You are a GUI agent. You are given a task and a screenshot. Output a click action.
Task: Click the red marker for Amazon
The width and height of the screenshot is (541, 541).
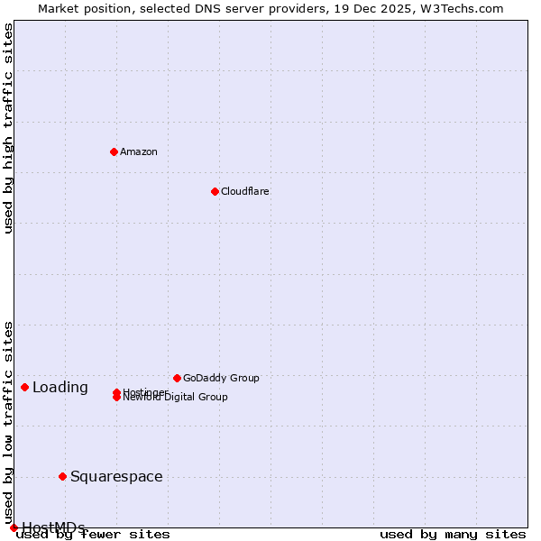click(114, 151)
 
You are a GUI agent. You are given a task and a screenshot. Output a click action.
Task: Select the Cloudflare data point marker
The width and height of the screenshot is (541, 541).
click(215, 191)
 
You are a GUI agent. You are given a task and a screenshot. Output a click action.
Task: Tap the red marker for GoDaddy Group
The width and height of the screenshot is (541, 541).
click(177, 378)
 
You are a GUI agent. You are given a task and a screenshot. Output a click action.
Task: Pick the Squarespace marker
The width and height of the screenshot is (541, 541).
click(62, 476)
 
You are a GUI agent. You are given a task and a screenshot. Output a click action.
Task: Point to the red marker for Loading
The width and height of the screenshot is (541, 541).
click(24, 387)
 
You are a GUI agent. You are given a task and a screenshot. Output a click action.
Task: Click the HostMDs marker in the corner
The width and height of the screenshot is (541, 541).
click(14, 527)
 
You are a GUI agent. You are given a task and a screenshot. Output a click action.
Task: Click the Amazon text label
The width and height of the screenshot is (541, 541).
click(138, 151)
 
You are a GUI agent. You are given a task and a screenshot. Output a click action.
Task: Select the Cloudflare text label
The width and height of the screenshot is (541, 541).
click(244, 191)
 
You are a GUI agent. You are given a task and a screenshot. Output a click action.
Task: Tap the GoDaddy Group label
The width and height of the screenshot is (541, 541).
click(221, 378)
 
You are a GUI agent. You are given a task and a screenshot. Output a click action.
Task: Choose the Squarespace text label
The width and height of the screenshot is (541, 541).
click(116, 476)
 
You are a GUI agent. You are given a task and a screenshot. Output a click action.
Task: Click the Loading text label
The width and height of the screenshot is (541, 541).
click(60, 388)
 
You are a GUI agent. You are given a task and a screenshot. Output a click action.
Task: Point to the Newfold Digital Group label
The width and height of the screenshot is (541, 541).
click(175, 398)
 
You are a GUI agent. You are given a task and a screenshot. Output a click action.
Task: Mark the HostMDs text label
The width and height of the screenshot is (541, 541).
click(53, 527)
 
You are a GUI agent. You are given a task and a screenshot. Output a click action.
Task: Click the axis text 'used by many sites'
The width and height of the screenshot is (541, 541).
click(452, 535)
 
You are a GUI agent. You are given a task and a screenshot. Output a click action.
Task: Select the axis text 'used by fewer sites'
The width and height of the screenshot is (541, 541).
click(93, 535)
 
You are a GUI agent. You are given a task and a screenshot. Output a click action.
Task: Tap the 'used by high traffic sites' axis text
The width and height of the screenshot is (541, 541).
click(9, 128)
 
